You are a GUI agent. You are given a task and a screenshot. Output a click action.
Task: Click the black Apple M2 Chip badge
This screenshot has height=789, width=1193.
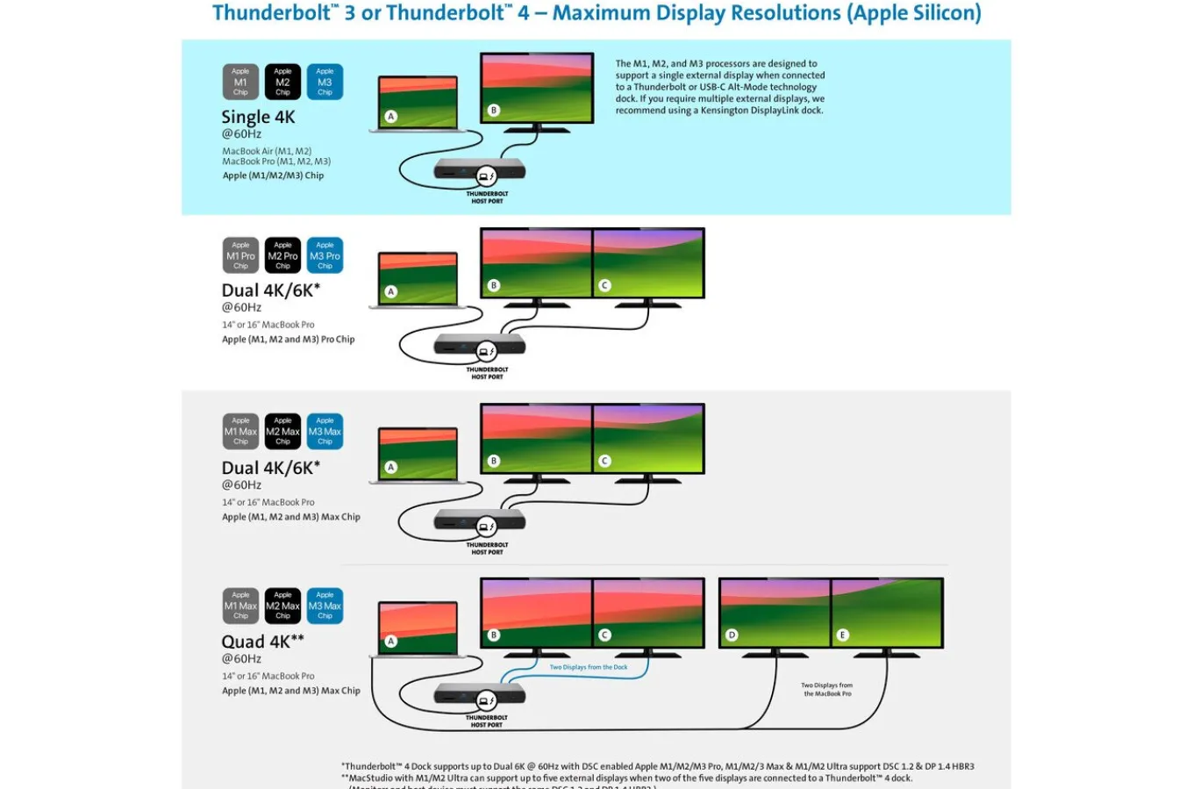(x=282, y=82)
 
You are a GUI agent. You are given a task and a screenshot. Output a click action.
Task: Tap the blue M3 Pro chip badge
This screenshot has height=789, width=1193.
(x=325, y=255)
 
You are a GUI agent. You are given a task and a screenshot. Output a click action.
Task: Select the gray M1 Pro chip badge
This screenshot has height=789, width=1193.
(x=240, y=255)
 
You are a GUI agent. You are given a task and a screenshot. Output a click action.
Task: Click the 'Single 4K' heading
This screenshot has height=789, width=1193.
(x=258, y=118)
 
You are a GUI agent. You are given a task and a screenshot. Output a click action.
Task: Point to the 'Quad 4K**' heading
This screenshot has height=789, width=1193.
(x=262, y=642)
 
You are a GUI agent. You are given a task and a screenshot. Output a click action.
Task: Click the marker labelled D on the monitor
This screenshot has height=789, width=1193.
(x=732, y=635)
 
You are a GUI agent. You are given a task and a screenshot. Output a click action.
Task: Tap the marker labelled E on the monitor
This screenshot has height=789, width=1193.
(x=843, y=635)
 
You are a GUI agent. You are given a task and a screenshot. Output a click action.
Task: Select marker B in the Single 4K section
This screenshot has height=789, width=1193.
(x=494, y=111)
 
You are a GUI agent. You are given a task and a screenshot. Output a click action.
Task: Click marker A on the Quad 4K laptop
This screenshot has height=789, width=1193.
(x=391, y=642)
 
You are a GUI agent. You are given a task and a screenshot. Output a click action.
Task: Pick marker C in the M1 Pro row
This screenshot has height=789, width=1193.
(x=604, y=285)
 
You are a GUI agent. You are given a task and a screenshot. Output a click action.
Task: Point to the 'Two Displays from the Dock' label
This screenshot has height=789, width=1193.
(x=589, y=667)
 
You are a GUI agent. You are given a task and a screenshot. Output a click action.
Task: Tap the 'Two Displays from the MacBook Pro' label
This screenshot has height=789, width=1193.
(x=827, y=689)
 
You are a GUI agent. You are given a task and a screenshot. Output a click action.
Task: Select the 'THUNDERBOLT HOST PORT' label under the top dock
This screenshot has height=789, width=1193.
(x=487, y=197)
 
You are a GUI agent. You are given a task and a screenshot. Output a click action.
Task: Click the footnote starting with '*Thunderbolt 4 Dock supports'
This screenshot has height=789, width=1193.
(x=658, y=766)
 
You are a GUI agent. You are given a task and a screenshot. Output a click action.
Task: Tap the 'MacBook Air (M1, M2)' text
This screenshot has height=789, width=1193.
(x=267, y=151)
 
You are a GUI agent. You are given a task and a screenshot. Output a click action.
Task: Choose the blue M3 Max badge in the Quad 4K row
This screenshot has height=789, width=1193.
(x=325, y=606)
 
